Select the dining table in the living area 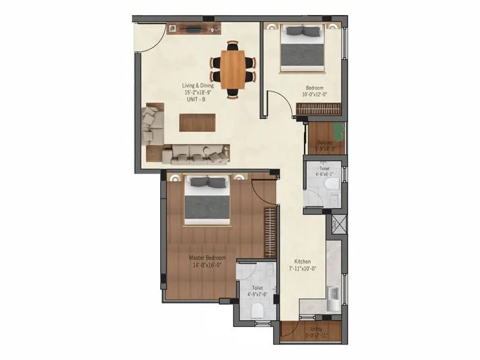tap(233, 67)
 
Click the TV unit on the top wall tap(193, 28)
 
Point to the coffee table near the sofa tap(196, 122)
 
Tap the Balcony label tap(325, 143)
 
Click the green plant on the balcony tap(338, 130)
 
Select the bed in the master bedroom tap(207, 201)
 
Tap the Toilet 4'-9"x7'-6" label tap(257, 291)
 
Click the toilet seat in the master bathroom tap(257, 310)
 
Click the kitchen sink tap(333, 295)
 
